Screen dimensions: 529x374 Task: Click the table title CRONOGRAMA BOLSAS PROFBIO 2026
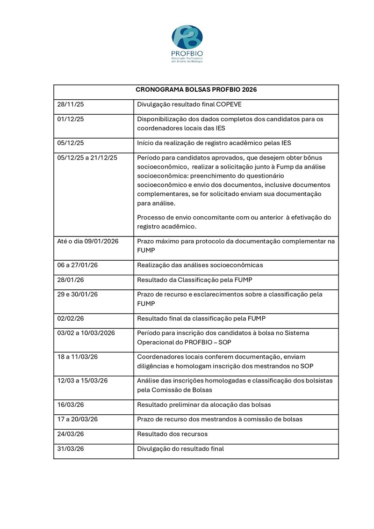(x=196, y=89)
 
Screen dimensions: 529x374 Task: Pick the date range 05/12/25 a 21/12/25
(x=87, y=158)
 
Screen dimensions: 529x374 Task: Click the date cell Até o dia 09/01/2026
(x=87, y=241)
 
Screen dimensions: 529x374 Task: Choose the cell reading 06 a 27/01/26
(x=78, y=265)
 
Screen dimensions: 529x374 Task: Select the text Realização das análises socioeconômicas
(x=200, y=265)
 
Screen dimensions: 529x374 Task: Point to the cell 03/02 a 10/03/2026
(x=86, y=333)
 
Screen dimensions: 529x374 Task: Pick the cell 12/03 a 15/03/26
(x=82, y=381)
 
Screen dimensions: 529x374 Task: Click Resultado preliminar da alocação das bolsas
(x=204, y=405)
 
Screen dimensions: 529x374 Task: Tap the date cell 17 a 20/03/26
(x=78, y=419)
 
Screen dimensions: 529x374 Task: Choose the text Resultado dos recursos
(x=172, y=434)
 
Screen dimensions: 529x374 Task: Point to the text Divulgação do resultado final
(x=180, y=448)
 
